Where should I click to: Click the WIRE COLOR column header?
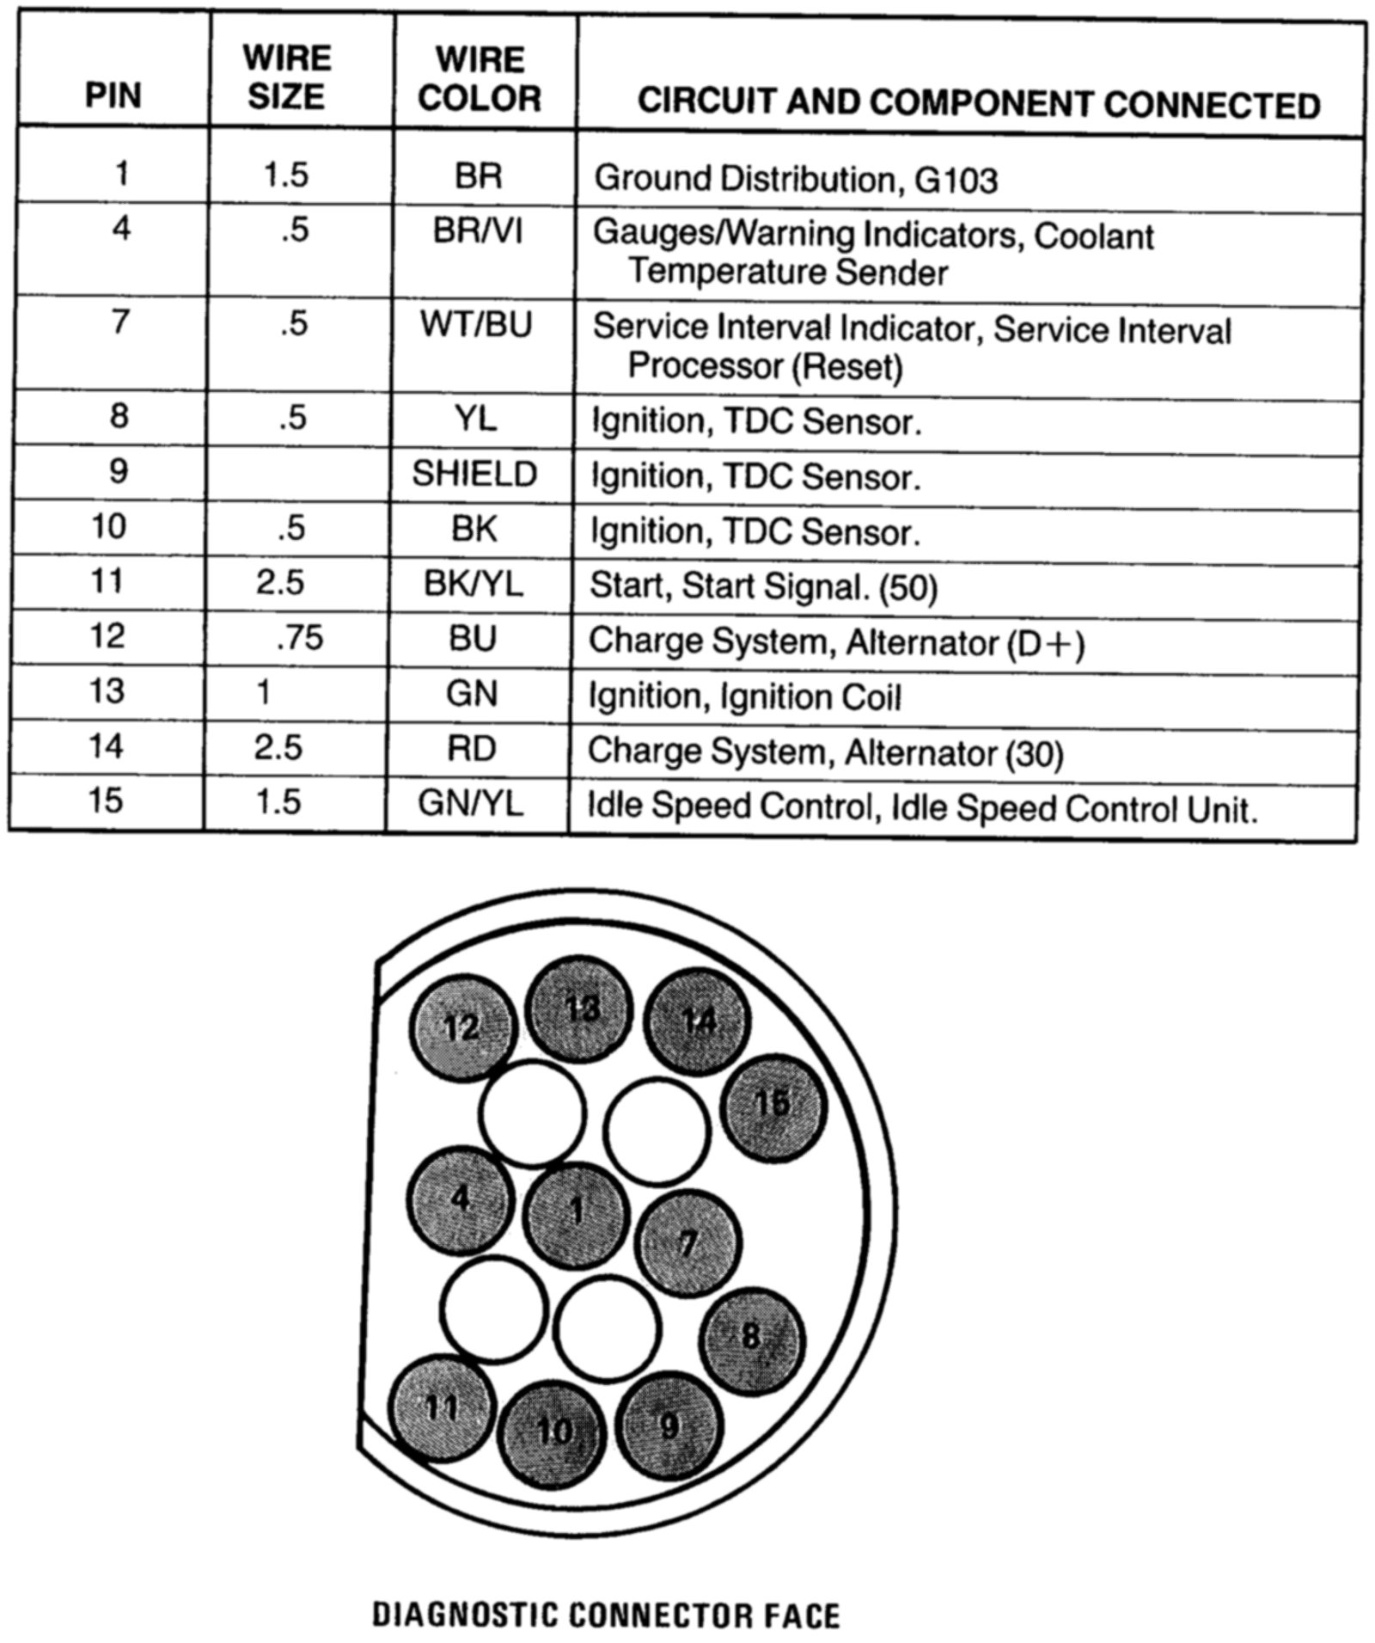(480, 79)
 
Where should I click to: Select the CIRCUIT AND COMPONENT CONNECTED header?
(978, 104)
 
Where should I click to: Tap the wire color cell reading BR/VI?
(478, 232)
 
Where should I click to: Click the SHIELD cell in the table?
(474, 474)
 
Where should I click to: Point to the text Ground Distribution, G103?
(796, 179)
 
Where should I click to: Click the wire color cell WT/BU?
(476, 324)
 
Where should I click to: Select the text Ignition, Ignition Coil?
(744, 696)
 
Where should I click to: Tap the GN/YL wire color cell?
(470, 803)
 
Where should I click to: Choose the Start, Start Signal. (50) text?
(763, 586)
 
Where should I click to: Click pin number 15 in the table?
(106, 800)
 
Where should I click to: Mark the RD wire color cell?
(472, 748)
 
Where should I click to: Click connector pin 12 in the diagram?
(462, 1027)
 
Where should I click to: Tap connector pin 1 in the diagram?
(577, 1214)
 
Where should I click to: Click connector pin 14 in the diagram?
(697, 1021)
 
